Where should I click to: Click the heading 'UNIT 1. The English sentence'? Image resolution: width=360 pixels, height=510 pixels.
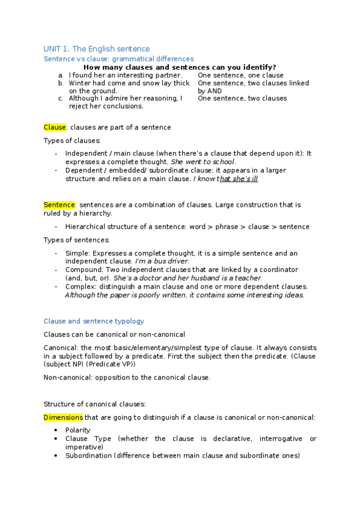97,48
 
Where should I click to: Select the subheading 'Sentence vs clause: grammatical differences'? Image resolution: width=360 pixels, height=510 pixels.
118,59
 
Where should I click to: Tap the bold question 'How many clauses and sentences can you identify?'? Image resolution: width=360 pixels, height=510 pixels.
180,67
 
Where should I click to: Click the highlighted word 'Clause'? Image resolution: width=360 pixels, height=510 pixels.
54,127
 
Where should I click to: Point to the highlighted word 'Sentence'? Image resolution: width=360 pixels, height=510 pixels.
59,204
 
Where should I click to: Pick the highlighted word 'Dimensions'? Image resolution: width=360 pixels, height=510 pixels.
63,417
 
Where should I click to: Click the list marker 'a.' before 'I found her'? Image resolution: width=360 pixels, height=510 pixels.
61,75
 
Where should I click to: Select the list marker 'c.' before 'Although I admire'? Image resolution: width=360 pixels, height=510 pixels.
61,98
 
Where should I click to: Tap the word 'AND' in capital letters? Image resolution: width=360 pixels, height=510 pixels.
215,91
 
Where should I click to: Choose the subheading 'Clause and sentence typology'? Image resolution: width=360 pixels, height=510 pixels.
94,321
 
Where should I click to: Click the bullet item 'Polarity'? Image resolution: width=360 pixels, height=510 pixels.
78,430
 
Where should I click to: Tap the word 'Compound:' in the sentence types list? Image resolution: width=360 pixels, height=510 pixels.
83,269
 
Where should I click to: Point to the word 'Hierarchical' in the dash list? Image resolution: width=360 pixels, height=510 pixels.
85,227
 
